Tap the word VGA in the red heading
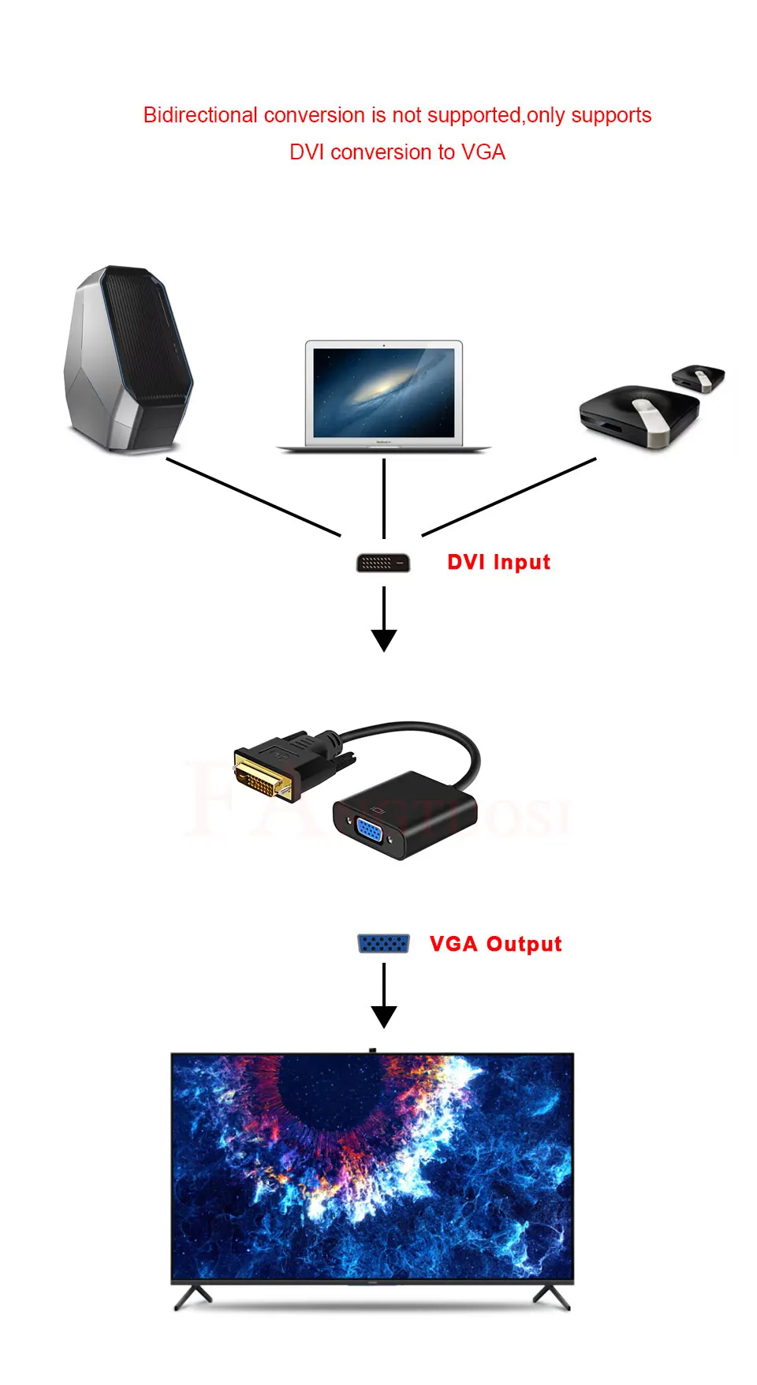[x=483, y=152]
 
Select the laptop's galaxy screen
[x=383, y=392]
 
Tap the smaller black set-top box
[x=698, y=377]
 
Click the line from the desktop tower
[x=252, y=496]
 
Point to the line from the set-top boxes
[x=509, y=496]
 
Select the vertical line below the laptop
[x=384, y=497]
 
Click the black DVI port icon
[x=383, y=563]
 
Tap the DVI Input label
[x=498, y=562]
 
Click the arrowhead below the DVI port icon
[x=384, y=639]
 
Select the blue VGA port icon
[x=383, y=943]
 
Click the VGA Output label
[x=495, y=944]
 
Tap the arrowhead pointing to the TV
[x=384, y=1016]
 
